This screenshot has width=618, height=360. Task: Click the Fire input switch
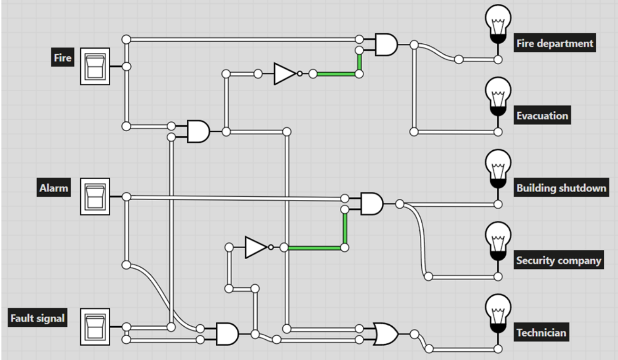pos(95,66)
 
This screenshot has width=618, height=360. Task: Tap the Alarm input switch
pos(95,196)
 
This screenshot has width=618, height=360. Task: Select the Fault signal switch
pos(95,327)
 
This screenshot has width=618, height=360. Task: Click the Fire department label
pos(555,44)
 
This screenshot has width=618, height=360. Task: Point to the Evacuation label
pos(542,116)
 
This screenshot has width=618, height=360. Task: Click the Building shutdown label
pos(561,188)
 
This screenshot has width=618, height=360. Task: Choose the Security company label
pos(559,261)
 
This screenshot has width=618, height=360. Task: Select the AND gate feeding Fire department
pos(386,44)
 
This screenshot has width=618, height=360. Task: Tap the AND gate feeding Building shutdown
pos(372,204)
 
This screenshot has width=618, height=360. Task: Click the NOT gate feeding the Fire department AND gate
pos(285,74)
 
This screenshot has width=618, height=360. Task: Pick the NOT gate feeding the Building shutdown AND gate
pos(256,247)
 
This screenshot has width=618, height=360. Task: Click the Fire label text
pos(63,58)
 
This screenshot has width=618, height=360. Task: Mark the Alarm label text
pos(54,188)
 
